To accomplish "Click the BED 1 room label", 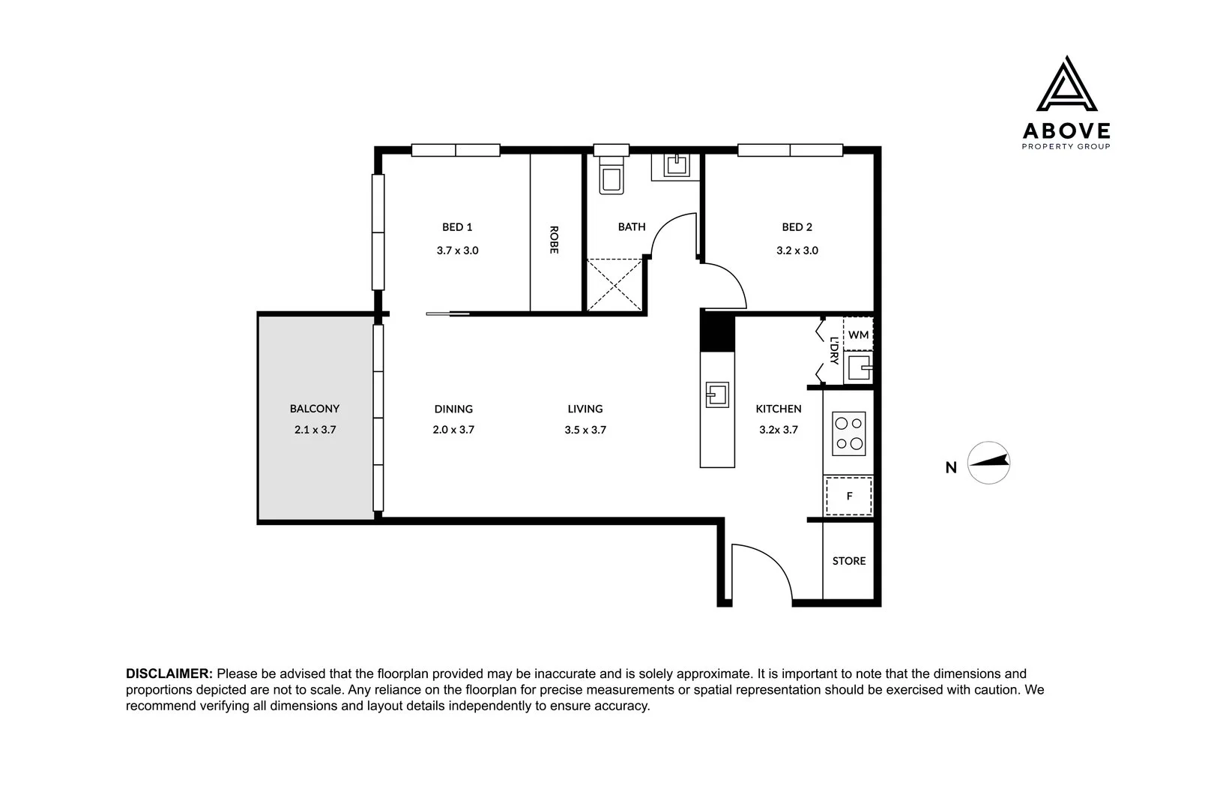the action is pyautogui.click(x=457, y=226).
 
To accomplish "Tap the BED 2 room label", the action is pyautogui.click(x=797, y=226).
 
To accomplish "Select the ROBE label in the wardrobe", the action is pyautogui.click(x=553, y=240).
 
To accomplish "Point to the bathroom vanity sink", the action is pyautogui.click(x=676, y=165).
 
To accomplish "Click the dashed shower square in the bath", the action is pyautogui.click(x=614, y=285).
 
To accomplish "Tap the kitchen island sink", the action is pyautogui.click(x=717, y=394).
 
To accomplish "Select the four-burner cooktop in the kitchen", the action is pyautogui.click(x=849, y=433).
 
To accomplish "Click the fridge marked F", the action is pyautogui.click(x=849, y=496).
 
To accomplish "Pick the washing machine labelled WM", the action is pyautogui.click(x=858, y=334).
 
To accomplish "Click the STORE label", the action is pyautogui.click(x=849, y=561).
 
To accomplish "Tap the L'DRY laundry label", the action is pyautogui.click(x=834, y=350).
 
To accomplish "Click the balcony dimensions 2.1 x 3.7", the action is pyautogui.click(x=315, y=430).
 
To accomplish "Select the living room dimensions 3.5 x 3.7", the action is pyautogui.click(x=585, y=430).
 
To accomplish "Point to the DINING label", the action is pyautogui.click(x=453, y=409).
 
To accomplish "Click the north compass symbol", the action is pyautogui.click(x=988, y=463).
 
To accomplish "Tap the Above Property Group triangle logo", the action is pyautogui.click(x=1066, y=83).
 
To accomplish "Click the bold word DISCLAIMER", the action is pyautogui.click(x=169, y=673).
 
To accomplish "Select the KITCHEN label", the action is pyautogui.click(x=779, y=409).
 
